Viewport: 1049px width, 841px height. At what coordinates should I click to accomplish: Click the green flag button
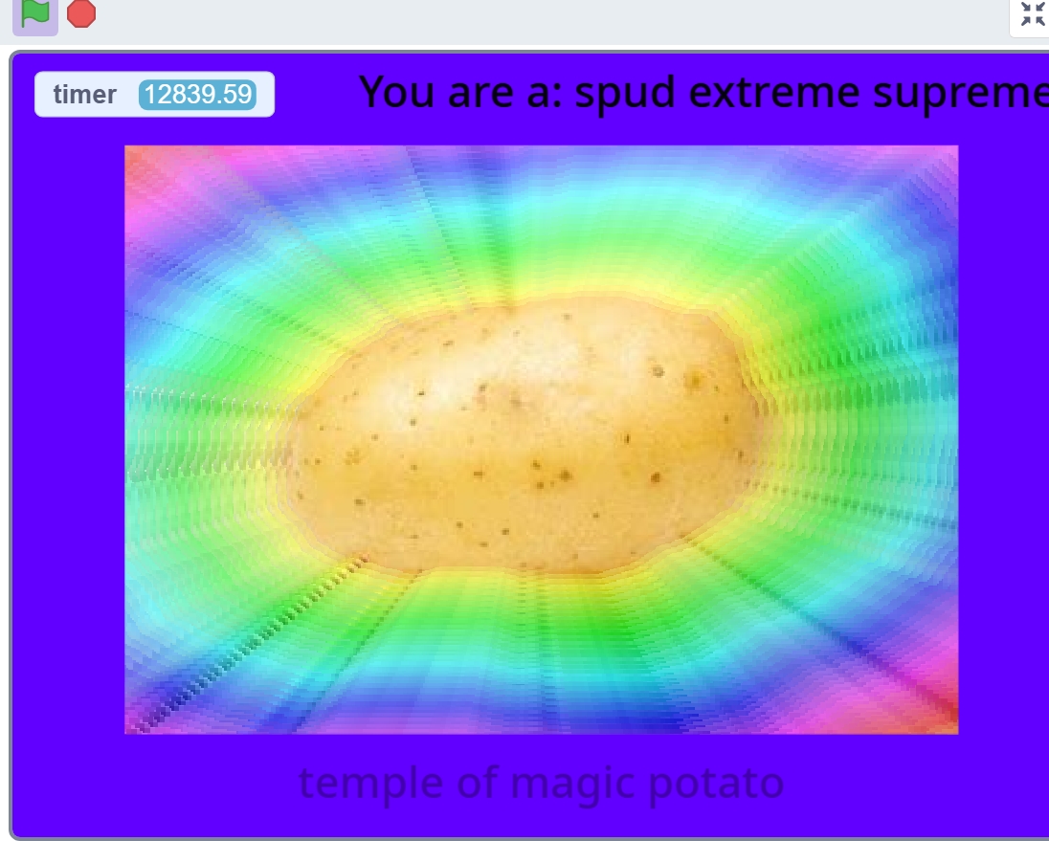[x=34, y=13]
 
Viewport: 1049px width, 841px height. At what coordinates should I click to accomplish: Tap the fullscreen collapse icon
[x=1033, y=14]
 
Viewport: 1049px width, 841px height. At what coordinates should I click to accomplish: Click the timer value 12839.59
[x=197, y=95]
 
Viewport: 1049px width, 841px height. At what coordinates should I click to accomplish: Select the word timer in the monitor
[x=85, y=95]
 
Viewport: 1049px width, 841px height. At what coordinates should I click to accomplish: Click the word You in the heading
[x=391, y=92]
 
